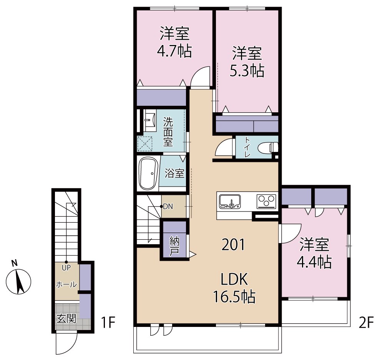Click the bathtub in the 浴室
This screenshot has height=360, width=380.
[x=148, y=174]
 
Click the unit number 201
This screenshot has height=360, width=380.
[x=234, y=245]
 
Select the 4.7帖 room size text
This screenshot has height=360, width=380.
[x=174, y=51]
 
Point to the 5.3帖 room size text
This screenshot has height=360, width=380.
[x=247, y=71]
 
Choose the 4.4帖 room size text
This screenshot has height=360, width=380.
[x=314, y=262]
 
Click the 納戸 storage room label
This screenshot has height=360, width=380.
[x=174, y=246]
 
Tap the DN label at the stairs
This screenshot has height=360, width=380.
[x=168, y=207]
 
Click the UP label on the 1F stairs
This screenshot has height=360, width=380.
[x=66, y=268]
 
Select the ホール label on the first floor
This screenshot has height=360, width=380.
[x=66, y=284]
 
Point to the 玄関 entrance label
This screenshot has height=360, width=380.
[x=66, y=318]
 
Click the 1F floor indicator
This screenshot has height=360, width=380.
[x=108, y=322]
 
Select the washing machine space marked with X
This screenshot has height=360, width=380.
[x=145, y=144]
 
